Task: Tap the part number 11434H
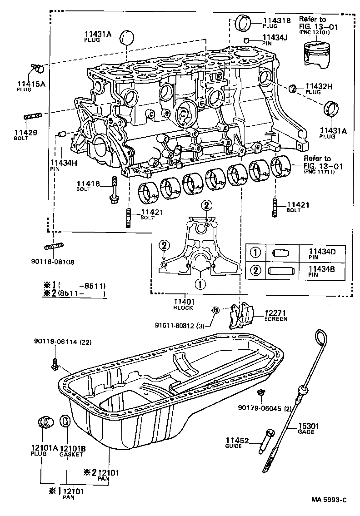(x=60, y=162)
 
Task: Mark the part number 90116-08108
(x=52, y=262)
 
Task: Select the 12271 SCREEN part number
(x=275, y=313)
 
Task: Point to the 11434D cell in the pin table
(x=321, y=251)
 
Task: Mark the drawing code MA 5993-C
(x=329, y=500)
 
